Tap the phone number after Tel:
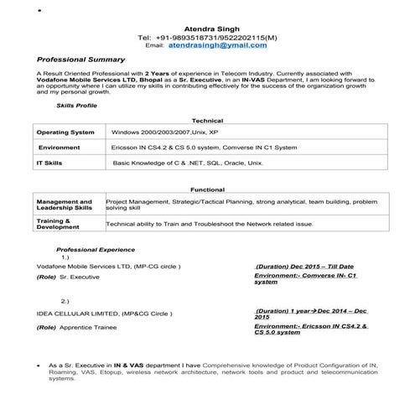point(220,38)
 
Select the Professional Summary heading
point(80,60)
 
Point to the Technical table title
point(207,121)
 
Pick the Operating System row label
point(65,132)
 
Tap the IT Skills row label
point(50,162)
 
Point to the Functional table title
point(207,189)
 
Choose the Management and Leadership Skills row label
point(65,205)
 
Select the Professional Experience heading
point(95,250)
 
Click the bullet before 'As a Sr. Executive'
point(40,366)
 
